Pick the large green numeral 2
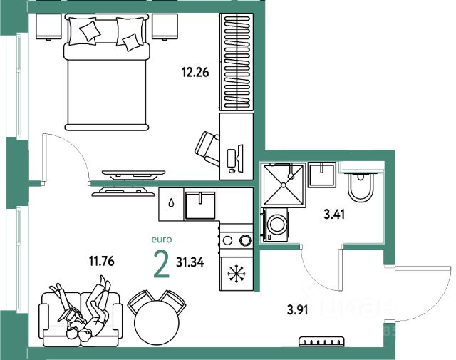click(x=161, y=264)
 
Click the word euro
click(x=162, y=240)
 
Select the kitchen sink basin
click(x=200, y=205)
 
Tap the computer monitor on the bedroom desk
click(x=240, y=155)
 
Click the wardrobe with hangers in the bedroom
click(x=237, y=61)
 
